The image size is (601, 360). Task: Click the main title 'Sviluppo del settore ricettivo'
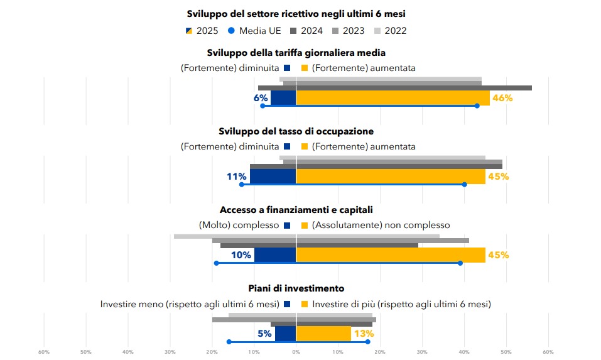pos(301,13)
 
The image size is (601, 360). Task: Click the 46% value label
pos(502,98)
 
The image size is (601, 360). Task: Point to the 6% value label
pos(261,98)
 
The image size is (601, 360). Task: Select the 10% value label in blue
pos(241,255)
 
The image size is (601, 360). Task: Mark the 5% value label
pos(264,334)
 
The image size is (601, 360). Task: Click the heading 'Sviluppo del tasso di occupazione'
pos(296,131)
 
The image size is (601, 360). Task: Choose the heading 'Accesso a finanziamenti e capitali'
pos(301,210)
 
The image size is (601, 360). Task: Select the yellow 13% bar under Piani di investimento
pos(323,333)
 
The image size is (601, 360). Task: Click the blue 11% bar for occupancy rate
pos(273,177)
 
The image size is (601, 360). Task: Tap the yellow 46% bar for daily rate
pos(393,98)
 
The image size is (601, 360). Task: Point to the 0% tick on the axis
pos(296,351)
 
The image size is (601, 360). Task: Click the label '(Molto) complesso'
pos(239,225)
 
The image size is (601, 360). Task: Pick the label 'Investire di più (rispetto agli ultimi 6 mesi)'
pos(401,304)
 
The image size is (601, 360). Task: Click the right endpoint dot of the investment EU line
pos(367,342)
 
